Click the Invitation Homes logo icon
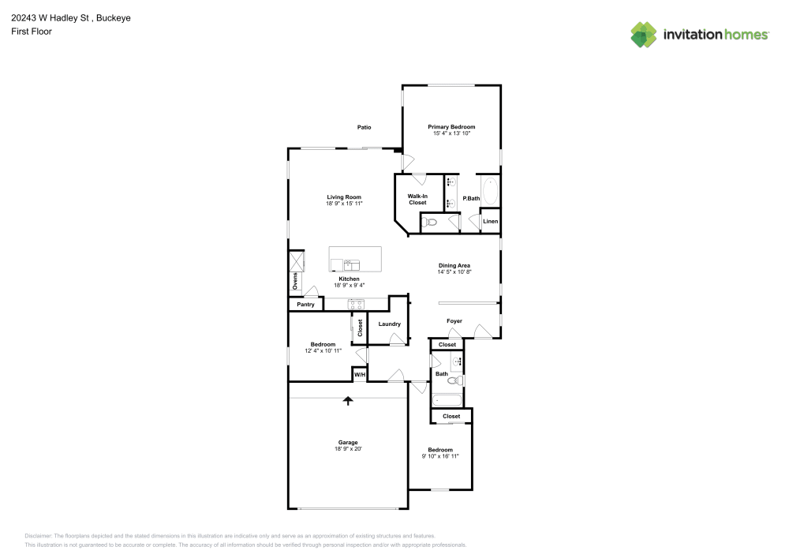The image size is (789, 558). (x=644, y=34)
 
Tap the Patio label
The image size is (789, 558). (x=364, y=127)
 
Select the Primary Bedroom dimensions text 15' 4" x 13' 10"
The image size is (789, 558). (x=451, y=133)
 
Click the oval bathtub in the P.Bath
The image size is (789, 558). (x=490, y=193)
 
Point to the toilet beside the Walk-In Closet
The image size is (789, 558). (x=430, y=223)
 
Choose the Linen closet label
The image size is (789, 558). (x=490, y=222)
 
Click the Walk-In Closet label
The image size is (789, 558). (x=417, y=199)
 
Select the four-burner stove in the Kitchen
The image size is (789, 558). (x=357, y=304)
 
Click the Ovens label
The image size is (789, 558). (x=295, y=281)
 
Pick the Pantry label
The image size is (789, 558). (x=305, y=305)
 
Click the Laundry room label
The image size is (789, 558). (x=389, y=324)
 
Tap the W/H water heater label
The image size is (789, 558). (x=359, y=374)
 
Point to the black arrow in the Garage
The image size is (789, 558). (x=347, y=401)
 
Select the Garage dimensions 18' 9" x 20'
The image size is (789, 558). (x=348, y=449)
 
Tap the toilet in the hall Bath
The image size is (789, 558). (x=460, y=380)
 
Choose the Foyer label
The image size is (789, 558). (x=454, y=321)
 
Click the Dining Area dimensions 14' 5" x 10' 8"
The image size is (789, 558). (x=454, y=272)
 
